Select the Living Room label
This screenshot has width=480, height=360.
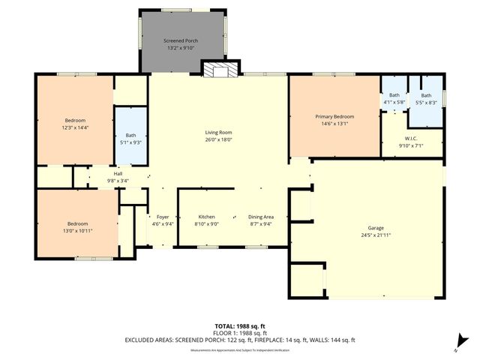tap(219, 132)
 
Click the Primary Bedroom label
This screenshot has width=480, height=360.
tap(334, 117)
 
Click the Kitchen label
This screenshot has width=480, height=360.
tap(206, 215)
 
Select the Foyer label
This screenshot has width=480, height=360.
tap(163, 215)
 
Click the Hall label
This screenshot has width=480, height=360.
tap(118, 173)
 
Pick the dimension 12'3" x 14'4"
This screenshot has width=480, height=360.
tap(75, 128)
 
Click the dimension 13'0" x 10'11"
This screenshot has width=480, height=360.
tap(78, 231)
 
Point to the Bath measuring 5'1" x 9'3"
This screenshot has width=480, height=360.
tap(130, 139)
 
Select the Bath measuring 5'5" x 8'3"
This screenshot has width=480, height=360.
tap(426, 99)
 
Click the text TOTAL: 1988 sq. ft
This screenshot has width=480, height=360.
tap(240, 325)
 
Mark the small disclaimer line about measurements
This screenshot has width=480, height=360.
tap(240, 349)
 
